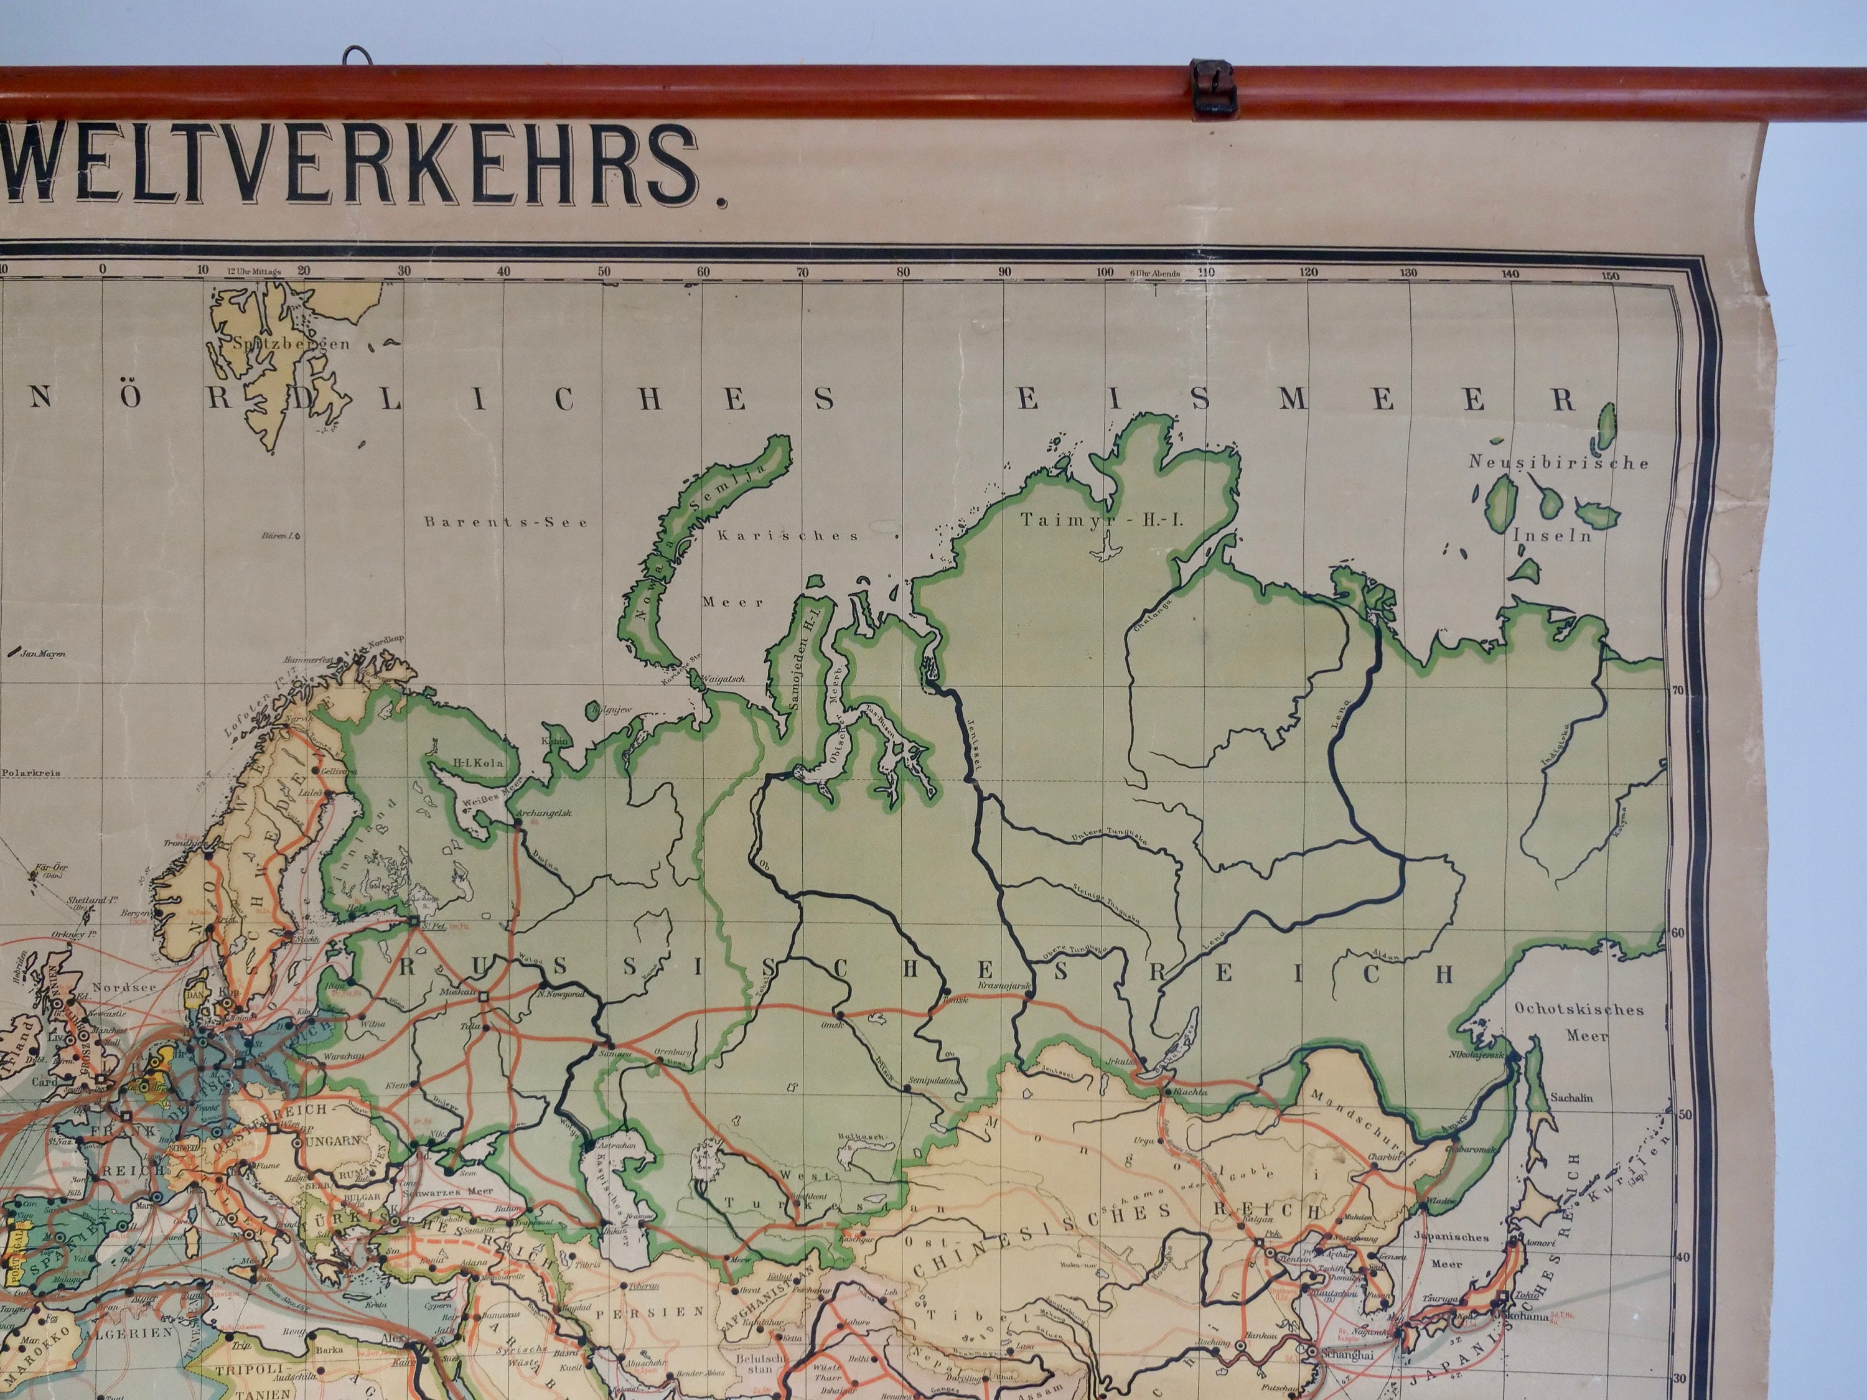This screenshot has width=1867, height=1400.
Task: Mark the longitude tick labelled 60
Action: (704, 272)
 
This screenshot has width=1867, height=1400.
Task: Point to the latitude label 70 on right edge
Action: (1678, 690)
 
